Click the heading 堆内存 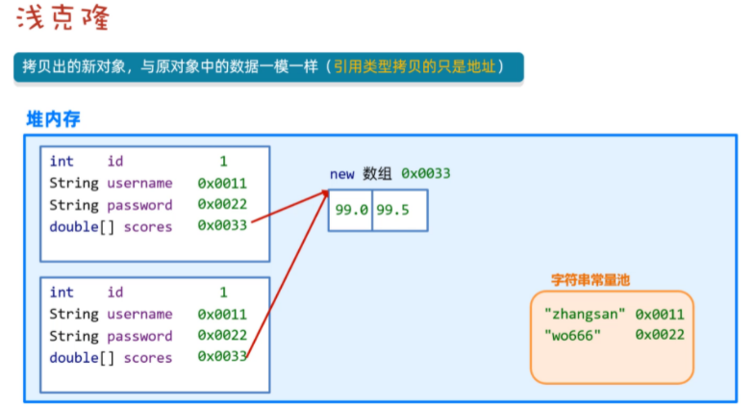(x=53, y=119)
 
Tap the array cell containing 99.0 (x=351, y=210)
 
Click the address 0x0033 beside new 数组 (x=426, y=173)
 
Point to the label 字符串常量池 (x=591, y=280)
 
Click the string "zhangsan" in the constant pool (x=585, y=314)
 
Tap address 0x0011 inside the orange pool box (x=660, y=314)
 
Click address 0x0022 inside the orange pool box (x=660, y=335)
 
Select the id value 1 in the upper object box (x=223, y=162)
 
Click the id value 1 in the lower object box (x=223, y=293)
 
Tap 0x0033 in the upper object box (x=222, y=227)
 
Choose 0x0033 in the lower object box (x=222, y=358)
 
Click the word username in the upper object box (x=139, y=183)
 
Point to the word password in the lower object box (x=139, y=336)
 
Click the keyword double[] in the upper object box (x=74, y=227)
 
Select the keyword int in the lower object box (x=62, y=293)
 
